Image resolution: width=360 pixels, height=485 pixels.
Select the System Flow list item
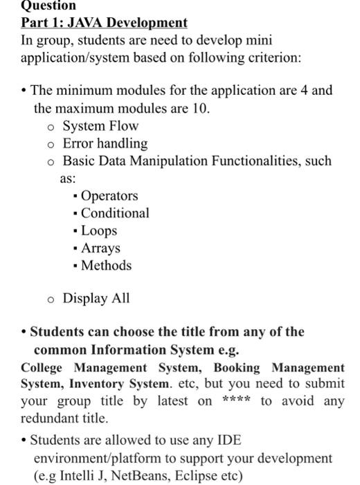[100, 126]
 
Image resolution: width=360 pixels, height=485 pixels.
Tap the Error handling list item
[105, 143]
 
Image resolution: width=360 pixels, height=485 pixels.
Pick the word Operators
[109, 196]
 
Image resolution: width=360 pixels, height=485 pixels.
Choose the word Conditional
[115, 213]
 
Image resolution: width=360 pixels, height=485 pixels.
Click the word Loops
[99, 231]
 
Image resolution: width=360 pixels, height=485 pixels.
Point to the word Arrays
[100, 248]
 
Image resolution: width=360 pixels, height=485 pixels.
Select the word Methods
[106, 265]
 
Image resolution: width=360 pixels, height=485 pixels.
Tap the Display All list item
[96, 299]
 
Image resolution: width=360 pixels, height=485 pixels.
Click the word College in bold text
[44, 367]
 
